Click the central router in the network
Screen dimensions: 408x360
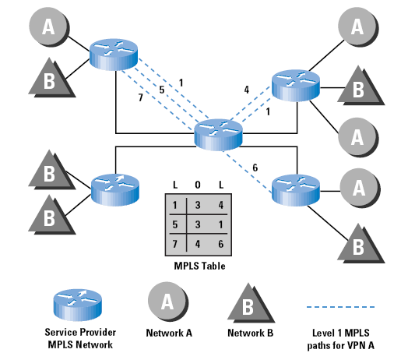218,135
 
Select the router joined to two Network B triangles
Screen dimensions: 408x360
115,190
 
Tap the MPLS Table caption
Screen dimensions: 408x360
199,266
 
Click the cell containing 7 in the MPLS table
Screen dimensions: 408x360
175,244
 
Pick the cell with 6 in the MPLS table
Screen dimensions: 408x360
220,244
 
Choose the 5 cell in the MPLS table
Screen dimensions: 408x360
175,224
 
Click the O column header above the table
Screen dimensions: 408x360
198,185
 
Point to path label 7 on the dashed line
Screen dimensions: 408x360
140,97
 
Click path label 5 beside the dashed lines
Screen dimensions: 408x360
162,90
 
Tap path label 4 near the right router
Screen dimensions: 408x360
246,90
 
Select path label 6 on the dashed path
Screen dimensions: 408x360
255,168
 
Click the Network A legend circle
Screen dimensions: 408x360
168,302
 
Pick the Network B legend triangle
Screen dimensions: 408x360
251,304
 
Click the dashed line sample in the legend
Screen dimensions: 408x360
340,307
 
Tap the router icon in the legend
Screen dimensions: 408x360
78,305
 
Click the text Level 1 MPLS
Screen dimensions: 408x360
340,333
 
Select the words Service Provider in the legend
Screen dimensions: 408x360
80,333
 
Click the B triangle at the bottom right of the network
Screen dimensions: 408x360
361,243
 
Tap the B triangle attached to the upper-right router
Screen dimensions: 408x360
361,86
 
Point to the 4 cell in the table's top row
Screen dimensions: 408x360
220,205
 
